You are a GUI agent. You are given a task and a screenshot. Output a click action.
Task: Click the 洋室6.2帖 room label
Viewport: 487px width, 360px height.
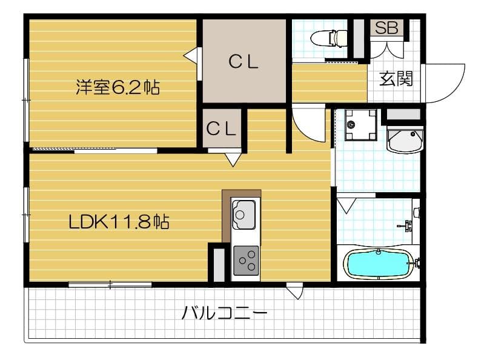[x=118, y=87]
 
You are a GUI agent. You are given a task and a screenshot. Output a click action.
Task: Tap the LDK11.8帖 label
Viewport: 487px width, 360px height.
[x=119, y=221]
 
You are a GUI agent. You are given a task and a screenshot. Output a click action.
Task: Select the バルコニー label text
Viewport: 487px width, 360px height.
[x=225, y=313]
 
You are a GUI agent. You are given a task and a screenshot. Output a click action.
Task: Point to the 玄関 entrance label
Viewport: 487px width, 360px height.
[x=397, y=79]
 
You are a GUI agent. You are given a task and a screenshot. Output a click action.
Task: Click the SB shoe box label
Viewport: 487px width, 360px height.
[x=386, y=28]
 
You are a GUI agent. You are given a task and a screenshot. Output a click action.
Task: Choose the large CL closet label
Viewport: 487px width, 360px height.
[x=244, y=61]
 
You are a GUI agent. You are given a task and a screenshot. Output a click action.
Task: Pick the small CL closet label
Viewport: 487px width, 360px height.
[x=221, y=128]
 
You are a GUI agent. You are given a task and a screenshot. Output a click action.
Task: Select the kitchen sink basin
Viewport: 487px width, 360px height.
[x=244, y=213]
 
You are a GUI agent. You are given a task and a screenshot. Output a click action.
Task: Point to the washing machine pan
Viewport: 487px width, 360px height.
[x=356, y=124]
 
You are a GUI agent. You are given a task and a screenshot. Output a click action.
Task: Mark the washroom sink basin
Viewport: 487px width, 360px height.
[x=404, y=141]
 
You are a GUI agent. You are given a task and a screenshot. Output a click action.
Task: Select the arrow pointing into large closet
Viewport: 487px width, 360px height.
[x=191, y=55]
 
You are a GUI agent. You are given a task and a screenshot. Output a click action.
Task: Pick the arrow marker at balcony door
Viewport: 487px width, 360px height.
[x=295, y=292]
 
